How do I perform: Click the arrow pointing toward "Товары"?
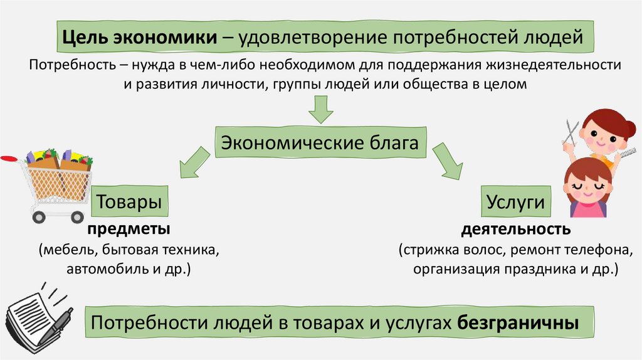[194, 165]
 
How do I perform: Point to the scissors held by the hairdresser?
[571, 133]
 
